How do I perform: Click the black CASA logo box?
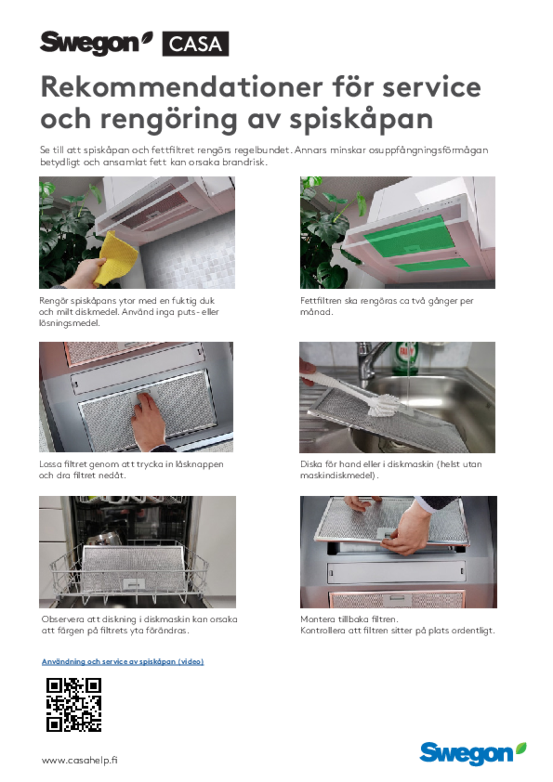click(x=195, y=44)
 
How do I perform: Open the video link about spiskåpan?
click(x=123, y=661)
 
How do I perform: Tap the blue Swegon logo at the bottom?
click(x=473, y=754)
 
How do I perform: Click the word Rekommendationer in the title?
click(x=182, y=87)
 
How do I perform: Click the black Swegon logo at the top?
click(x=96, y=43)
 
